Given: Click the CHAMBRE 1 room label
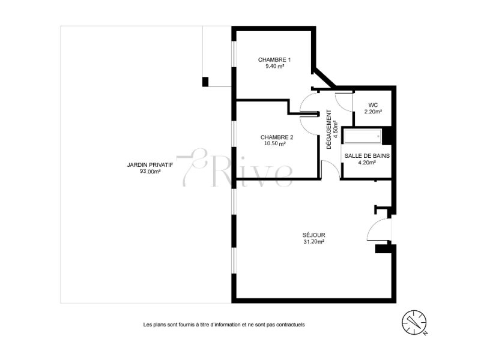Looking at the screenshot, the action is pos(274,59).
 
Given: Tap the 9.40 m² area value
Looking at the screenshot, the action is pos(274,66).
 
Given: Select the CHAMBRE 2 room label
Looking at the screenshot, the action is pos(277,137).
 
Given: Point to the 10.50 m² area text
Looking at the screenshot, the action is pos(274,144).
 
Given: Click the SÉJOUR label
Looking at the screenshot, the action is pos(313,235).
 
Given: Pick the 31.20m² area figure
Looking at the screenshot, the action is pos(314,242).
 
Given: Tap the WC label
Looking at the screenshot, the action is pos(373,105).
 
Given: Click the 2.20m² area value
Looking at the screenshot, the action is pos(373,112).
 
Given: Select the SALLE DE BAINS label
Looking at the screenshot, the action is pos(367,156).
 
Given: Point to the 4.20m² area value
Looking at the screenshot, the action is pos(367,163).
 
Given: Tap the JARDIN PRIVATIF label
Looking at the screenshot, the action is pos(150,165).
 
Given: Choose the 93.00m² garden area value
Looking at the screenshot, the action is pos(150,172).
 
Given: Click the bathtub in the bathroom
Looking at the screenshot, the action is pos(363,136).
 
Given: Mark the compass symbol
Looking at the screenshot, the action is pos(414,322).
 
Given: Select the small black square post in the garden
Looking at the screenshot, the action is pos(205,82).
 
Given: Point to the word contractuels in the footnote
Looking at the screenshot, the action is pos(291,325).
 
